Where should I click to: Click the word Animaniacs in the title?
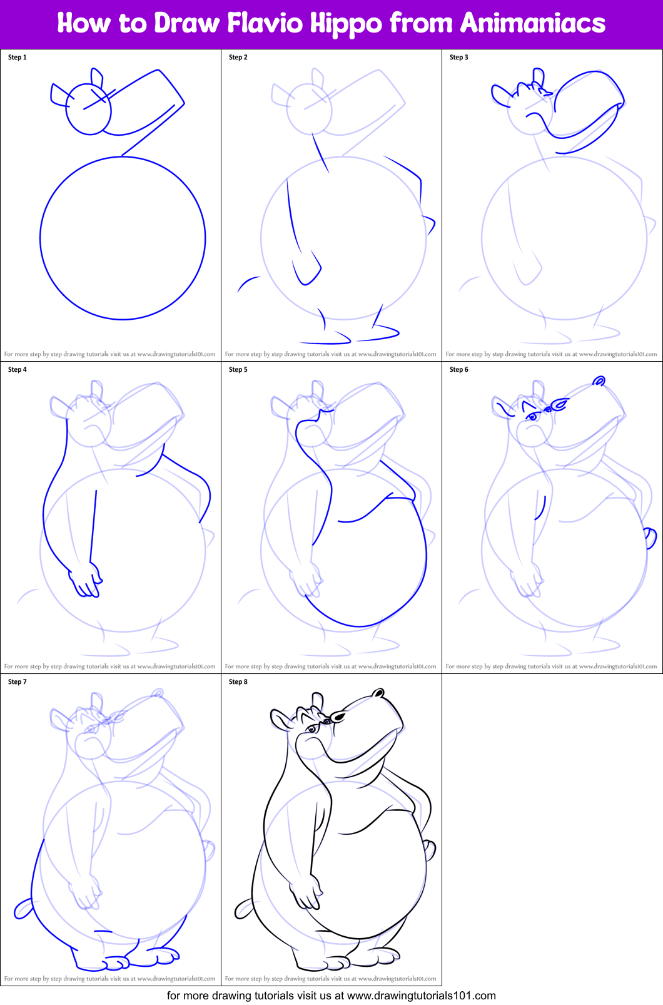(x=533, y=23)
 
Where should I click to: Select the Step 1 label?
(x=18, y=58)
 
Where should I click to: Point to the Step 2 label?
(x=238, y=58)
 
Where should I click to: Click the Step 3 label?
(x=459, y=58)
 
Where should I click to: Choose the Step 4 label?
(x=18, y=370)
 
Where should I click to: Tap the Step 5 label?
(x=238, y=370)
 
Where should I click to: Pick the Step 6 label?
(x=459, y=370)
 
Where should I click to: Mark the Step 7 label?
(x=18, y=682)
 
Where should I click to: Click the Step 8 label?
(x=238, y=682)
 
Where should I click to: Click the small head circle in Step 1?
(x=89, y=110)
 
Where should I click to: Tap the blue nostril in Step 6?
(x=599, y=380)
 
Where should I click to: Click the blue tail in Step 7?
(x=23, y=909)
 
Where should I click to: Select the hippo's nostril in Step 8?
(x=378, y=693)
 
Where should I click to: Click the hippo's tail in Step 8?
(x=243, y=909)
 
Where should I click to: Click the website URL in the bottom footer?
(x=421, y=996)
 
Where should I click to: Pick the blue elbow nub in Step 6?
(x=650, y=537)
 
